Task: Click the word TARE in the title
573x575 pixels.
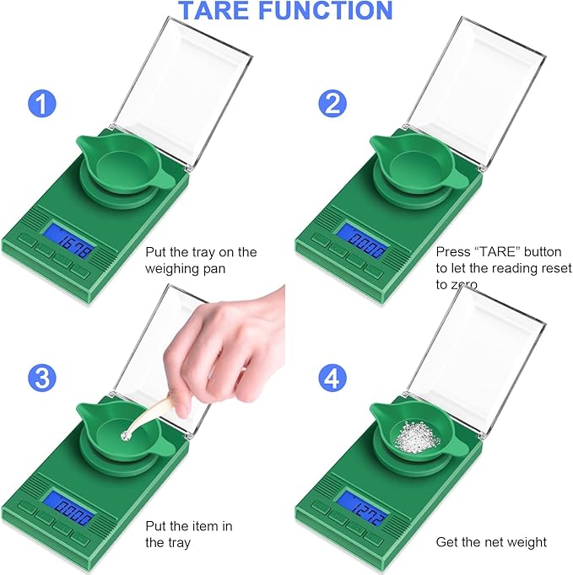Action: [221, 11]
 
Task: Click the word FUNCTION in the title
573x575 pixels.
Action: [332, 11]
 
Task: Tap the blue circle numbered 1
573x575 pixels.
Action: [42, 105]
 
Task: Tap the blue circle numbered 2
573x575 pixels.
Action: [332, 105]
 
